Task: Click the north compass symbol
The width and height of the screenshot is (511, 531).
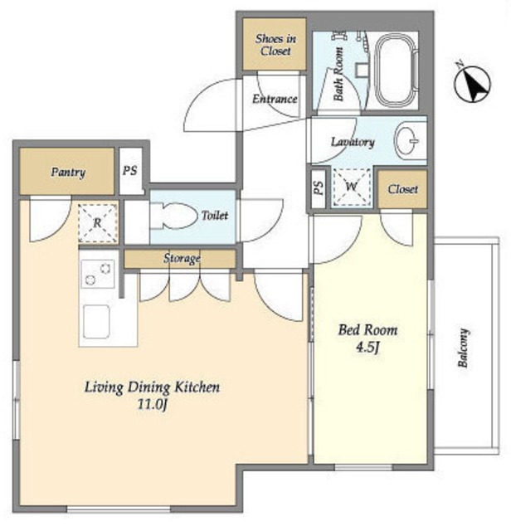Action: pos(472,83)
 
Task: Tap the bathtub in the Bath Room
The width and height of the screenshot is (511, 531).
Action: pos(397,71)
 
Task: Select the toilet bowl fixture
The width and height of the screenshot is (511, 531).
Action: pos(173,216)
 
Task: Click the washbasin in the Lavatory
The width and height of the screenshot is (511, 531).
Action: pos(407,140)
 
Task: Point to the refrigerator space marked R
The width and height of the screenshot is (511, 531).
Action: pos(98,223)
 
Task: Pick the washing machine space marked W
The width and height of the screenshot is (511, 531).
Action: pos(351,187)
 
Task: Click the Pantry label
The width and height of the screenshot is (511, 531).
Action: pos(68,173)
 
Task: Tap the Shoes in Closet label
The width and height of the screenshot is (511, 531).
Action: pos(275,45)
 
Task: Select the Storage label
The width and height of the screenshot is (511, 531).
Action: pos(182,258)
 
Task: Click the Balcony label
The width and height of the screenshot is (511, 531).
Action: pos(463,348)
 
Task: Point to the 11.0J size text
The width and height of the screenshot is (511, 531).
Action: pos(153,404)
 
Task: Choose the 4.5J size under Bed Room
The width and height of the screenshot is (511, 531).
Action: pos(367,348)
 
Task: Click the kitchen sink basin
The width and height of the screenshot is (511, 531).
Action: pos(96,322)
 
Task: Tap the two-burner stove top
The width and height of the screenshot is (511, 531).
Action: pos(98,274)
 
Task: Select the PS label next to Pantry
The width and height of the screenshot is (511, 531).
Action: pos(130,170)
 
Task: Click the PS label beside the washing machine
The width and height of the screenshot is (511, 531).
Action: pos(318,188)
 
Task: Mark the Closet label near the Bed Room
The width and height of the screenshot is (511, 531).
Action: pos(402,189)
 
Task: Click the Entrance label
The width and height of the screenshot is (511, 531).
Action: pos(275,99)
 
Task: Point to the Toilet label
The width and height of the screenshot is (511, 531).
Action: pos(215,216)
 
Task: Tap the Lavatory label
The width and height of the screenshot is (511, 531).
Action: pos(353,142)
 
